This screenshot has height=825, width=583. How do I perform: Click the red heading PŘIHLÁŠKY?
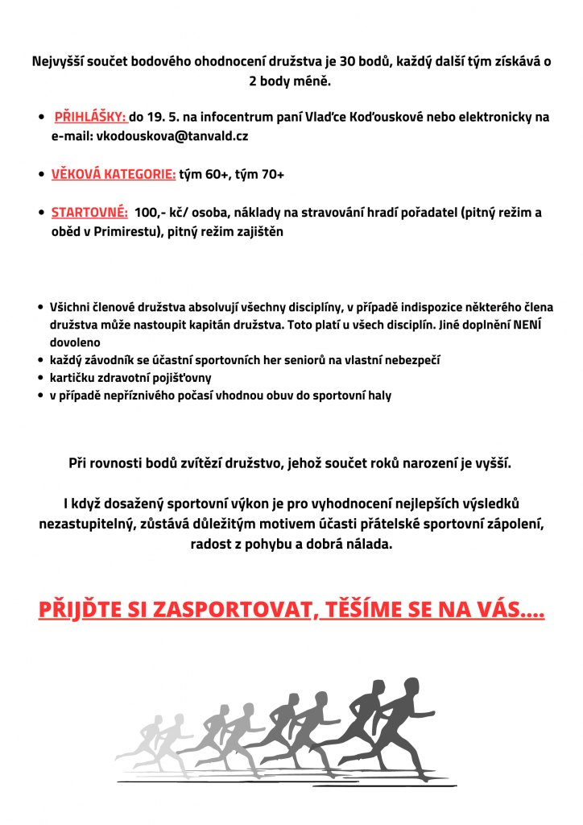91,117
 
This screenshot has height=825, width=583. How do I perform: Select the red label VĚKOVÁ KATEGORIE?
114,174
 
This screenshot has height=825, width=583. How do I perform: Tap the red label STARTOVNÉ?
89,213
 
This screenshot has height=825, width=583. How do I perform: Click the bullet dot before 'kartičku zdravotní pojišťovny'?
41,378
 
